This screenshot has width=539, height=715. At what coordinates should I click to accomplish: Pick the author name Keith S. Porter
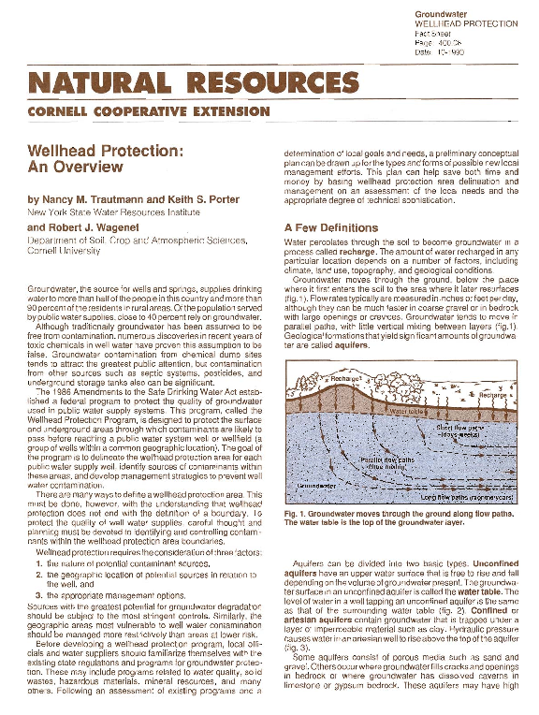197,200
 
